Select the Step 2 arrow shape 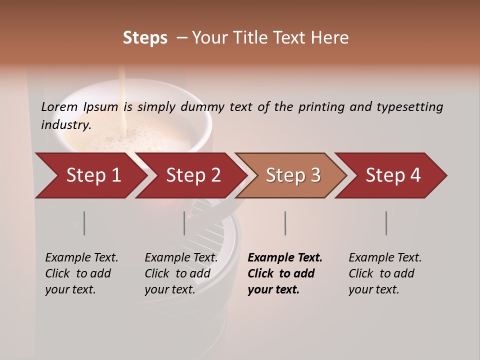pos(192,175)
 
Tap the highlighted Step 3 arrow pos(292,175)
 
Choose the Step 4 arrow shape pos(392,175)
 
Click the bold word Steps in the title pos(145,38)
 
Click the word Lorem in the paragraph pos(59,106)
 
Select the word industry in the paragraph pos(65,125)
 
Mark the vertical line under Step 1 pos(84,223)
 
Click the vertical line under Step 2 pos(184,223)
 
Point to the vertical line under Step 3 pos(285,223)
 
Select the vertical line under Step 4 pos(386,223)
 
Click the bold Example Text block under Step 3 pos(284,273)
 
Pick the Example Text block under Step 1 pos(81,273)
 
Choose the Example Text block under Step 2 pos(181,273)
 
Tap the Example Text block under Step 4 pos(385,273)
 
